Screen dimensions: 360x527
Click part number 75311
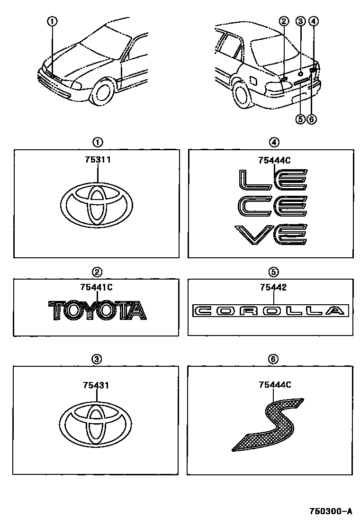tap(98, 160)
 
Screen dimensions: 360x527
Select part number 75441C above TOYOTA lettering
tap(96, 287)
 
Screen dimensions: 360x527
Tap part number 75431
tap(96, 385)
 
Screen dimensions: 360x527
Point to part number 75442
tap(273, 287)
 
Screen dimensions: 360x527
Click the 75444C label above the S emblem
tap(275, 384)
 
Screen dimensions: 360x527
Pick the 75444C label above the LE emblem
tap(274, 160)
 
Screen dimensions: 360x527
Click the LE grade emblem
tap(273, 180)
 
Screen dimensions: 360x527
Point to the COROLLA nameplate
tap(270, 311)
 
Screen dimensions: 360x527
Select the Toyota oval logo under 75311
tap(97, 204)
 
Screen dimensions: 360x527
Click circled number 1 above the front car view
tap(52, 21)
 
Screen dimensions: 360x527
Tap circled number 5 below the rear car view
tap(300, 119)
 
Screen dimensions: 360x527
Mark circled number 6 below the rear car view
tap(312, 119)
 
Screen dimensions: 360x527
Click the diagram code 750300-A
tap(331, 511)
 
